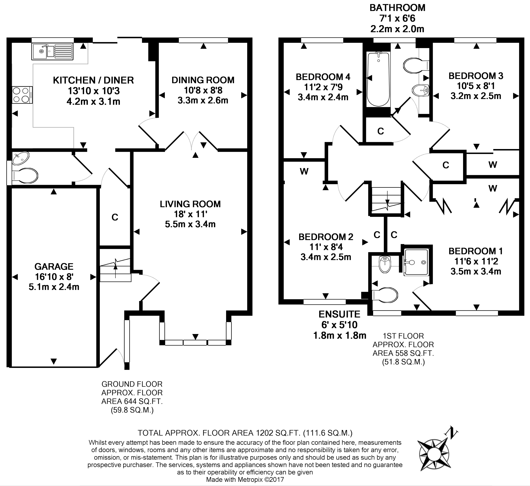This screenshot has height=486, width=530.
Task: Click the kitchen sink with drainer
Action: tap(52, 51)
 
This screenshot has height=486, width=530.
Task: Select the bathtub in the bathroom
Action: tap(378, 79)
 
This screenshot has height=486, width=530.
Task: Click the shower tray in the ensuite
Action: tap(416, 262)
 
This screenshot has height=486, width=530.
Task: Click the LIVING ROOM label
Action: tap(190, 204)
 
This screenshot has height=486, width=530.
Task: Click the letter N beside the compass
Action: tap(452, 433)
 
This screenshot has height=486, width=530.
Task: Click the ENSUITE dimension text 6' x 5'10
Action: tap(339, 325)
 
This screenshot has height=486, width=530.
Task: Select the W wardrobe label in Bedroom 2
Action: tap(304, 171)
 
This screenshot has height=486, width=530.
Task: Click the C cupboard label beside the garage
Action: tap(115, 217)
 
